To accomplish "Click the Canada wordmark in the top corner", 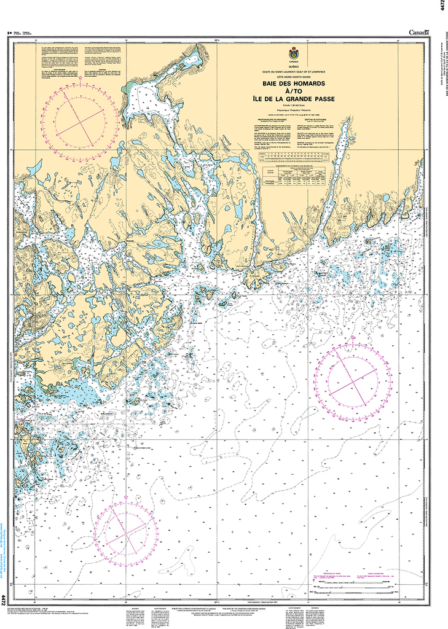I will [x=420, y=32].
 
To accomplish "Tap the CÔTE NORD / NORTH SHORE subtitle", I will [x=293, y=76].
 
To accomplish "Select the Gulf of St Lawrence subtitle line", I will [x=293, y=72].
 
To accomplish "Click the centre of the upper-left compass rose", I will [x=78, y=120].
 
